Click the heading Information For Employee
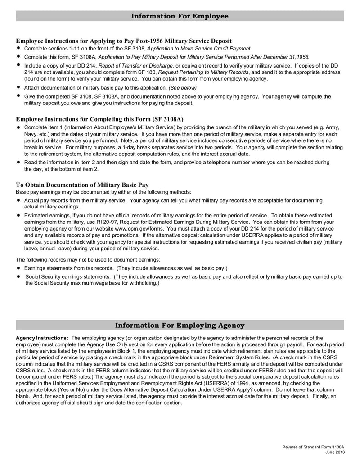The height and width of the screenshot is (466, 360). [x=180, y=16]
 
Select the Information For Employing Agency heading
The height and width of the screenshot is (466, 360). [x=180, y=325]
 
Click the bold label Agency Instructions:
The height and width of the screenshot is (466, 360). [x=42, y=338]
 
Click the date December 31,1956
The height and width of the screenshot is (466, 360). [x=285, y=57]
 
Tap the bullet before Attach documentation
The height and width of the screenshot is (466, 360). [x=18, y=87]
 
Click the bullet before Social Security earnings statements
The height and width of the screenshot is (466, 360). [x=18, y=276]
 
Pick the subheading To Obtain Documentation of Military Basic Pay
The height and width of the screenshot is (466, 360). [x=82, y=185]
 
